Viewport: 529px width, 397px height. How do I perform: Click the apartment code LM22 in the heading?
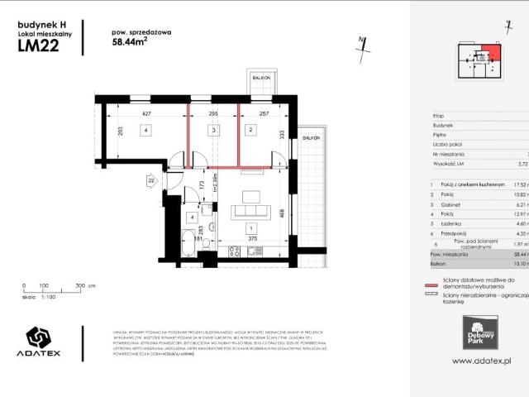coord(40,47)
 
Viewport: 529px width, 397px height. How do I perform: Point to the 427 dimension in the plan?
coord(147,114)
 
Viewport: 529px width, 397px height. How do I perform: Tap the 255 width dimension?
coord(213,114)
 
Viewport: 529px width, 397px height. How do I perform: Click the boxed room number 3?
coord(213,130)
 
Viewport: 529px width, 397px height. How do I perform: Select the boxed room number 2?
coord(249,129)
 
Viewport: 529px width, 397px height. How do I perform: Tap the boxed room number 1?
coord(250,227)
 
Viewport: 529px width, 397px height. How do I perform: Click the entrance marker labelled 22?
coord(151,179)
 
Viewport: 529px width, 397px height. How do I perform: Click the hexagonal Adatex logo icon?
coord(40,339)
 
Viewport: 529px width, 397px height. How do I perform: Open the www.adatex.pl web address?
coord(483,361)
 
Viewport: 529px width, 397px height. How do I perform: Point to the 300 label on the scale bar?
coord(79,308)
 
